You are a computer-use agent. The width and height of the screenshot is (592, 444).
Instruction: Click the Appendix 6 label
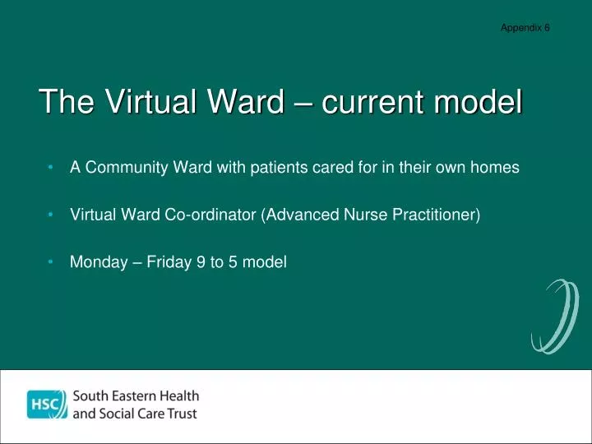click(525, 27)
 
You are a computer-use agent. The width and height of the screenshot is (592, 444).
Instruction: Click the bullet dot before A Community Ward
click(51, 168)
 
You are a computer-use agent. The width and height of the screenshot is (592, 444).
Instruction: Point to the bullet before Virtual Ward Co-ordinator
click(51, 215)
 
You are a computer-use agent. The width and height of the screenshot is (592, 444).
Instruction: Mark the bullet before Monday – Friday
click(51, 262)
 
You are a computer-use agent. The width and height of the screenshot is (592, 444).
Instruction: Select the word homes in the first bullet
click(495, 168)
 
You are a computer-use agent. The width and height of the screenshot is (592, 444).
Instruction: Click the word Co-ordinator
click(211, 215)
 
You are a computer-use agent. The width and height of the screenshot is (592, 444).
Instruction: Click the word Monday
click(95, 263)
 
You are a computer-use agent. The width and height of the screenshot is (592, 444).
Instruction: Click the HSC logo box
click(46, 405)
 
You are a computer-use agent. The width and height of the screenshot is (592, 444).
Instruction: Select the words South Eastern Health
click(136, 395)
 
